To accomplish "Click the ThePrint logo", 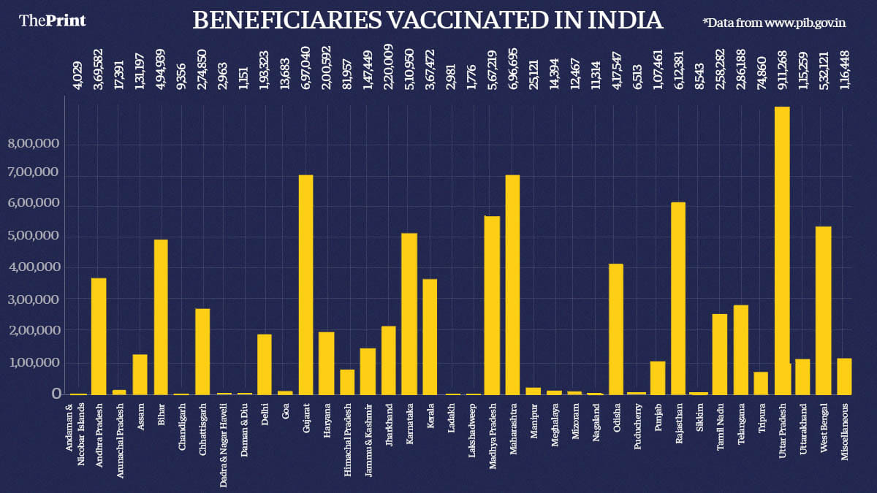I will click(53, 20).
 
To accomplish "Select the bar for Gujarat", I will click(306, 285).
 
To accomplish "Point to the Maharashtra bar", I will click(513, 285).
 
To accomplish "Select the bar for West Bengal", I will click(823, 310).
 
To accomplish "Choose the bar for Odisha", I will click(616, 329).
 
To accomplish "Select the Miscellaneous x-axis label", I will click(844, 431).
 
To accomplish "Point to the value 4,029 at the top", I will click(77, 77).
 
